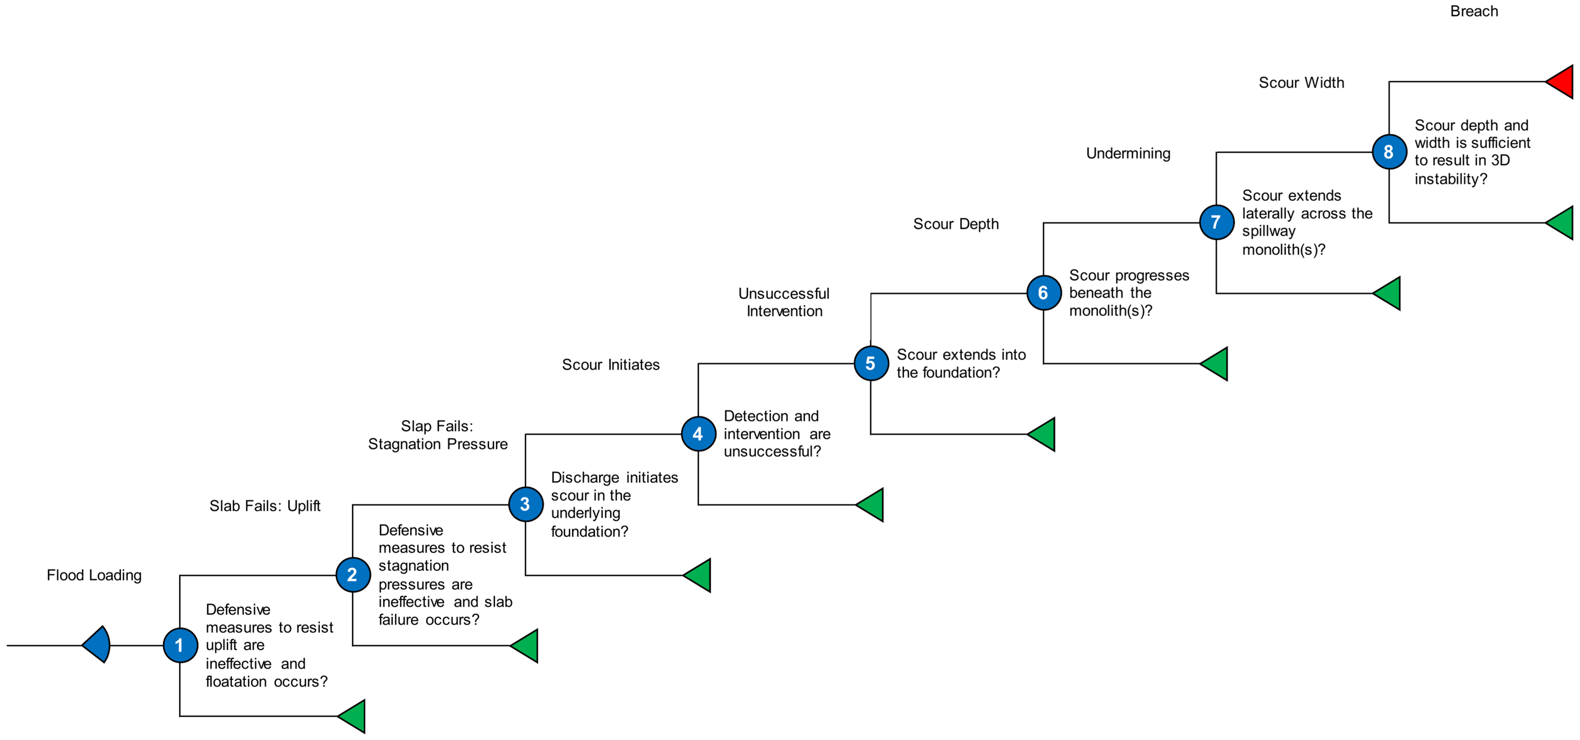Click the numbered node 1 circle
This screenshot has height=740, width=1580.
(180, 645)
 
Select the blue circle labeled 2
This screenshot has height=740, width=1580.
(353, 575)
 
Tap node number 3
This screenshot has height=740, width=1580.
(525, 504)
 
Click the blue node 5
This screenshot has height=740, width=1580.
(871, 363)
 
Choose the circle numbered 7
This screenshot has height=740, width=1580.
(1217, 222)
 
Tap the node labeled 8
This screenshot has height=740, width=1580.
(1389, 151)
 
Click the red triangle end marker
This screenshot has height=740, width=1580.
(1560, 82)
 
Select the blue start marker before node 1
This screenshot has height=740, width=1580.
(96, 645)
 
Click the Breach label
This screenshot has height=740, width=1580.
(1474, 11)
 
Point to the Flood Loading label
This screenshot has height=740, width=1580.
(94, 575)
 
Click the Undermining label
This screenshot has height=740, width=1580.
(1128, 153)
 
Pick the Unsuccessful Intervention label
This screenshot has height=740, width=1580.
(784, 302)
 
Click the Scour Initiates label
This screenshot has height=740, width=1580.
(611, 364)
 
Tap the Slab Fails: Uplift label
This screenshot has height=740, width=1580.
(265, 506)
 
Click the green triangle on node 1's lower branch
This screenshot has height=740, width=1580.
(352, 716)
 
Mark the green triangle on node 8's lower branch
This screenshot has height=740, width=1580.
(1560, 223)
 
